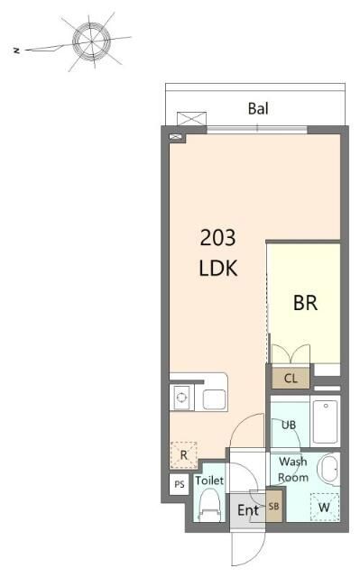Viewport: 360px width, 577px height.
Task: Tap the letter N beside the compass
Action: pos(16,50)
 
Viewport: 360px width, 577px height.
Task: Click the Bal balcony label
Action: pos(258,108)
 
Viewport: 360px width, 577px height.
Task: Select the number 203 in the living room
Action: pos(217,237)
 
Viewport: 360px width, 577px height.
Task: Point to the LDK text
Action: pos(218,268)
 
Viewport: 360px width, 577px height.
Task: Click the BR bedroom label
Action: pos(305,303)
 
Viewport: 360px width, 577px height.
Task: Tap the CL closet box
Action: pos(291,378)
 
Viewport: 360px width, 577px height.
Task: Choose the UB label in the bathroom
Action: pos(289,425)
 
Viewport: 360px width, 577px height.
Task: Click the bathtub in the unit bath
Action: pos(326,421)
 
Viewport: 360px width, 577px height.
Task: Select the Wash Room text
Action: pos(293,469)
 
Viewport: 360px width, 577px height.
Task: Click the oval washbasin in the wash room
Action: pos(328,469)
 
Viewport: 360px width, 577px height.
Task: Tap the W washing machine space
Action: pos(324,507)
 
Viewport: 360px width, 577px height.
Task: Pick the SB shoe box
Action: pos(273,507)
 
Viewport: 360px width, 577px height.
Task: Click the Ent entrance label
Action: pos(248,510)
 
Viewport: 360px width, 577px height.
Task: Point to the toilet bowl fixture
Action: pos(209,504)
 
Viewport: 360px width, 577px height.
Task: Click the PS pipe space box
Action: pos(180,484)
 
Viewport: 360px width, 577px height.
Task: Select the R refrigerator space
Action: pos(184,455)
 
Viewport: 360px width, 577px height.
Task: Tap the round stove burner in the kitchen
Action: pos(181,398)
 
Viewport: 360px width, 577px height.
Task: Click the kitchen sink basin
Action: pos(214,399)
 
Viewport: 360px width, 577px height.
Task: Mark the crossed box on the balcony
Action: pos(192,119)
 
